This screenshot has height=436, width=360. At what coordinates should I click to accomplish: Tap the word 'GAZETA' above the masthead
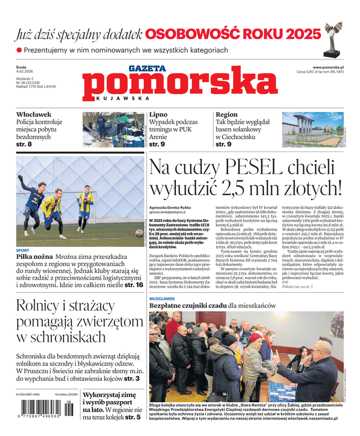tap(147, 69)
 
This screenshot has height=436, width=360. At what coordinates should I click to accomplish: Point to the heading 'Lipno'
tap(158, 115)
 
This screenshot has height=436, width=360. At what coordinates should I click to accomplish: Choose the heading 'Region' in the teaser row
tap(227, 115)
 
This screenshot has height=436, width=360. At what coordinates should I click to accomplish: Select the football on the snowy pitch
tap(139, 233)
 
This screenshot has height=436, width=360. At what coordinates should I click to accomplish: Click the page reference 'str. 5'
tap(133, 417)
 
